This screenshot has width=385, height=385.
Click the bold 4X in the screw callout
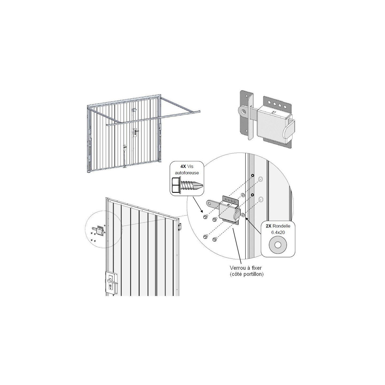183,166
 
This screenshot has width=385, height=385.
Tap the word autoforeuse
187,173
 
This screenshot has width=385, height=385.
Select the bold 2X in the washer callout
269,226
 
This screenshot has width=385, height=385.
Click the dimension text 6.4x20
278,232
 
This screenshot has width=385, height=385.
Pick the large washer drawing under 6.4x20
278,245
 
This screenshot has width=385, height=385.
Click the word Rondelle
282,226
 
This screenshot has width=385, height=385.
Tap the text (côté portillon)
247,274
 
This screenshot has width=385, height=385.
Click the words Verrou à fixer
246,268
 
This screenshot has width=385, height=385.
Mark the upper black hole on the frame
253,176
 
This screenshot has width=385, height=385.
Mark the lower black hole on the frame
253,195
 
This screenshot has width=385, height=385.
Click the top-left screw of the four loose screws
205,217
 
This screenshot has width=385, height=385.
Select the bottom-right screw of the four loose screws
215,239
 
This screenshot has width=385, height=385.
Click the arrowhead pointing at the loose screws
202,211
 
